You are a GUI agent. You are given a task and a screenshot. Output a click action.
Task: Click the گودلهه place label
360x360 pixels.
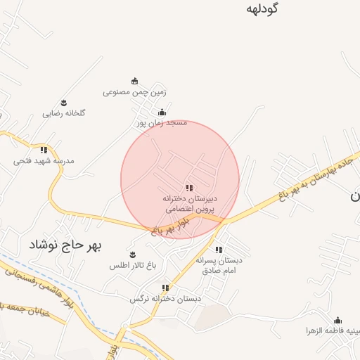pyautogui.click(x=263, y=9)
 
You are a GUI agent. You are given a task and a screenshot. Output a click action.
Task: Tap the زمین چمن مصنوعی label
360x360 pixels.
pyautogui.click(x=134, y=91)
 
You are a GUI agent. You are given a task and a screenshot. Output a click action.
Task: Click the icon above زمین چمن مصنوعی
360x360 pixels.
pyautogui.click(x=134, y=81)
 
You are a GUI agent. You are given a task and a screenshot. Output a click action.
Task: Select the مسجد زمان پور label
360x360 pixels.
pyautogui.click(x=162, y=122)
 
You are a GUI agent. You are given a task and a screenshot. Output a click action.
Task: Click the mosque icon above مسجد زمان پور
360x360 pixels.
pyautogui.click(x=162, y=112)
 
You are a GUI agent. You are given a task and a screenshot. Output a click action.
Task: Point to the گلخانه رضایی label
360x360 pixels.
pyautogui.click(x=63, y=113)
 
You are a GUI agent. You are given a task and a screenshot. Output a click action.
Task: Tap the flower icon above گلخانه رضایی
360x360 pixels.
pyautogui.click(x=63, y=103)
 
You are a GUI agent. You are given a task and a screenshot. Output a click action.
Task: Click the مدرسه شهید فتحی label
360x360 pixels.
pyautogui.click(x=44, y=160)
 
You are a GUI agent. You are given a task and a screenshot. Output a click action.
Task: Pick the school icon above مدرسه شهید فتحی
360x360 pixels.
pyautogui.click(x=44, y=150)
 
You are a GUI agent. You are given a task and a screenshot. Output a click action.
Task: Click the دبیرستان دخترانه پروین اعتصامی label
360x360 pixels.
pyautogui.click(x=191, y=204)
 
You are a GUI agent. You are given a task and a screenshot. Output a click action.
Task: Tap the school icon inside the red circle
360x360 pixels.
pyautogui.click(x=189, y=188)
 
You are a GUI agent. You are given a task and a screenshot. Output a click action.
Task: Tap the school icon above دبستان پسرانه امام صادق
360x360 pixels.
pyautogui.click(x=219, y=250)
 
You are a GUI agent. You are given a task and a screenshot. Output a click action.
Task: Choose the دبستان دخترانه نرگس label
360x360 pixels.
pyautogui.click(x=165, y=299)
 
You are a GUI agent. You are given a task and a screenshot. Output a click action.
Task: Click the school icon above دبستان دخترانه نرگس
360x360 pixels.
pyautogui.click(x=165, y=288)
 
